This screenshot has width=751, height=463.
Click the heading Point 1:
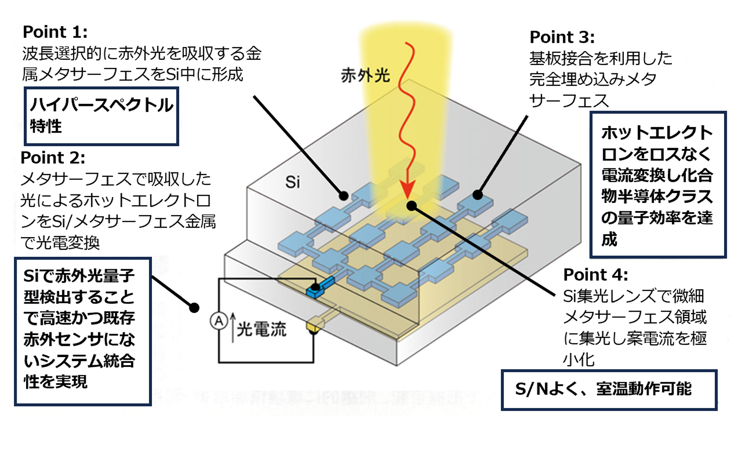[55, 32]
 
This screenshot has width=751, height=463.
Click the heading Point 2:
[53, 158]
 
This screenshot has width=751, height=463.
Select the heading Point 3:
[562, 37]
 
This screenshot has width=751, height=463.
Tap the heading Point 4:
[596, 275]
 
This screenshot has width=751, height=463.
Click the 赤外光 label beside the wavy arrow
[365, 75]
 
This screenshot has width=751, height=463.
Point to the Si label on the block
[292, 182]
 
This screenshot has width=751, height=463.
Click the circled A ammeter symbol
[219, 321]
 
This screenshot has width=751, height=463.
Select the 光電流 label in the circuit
[261, 330]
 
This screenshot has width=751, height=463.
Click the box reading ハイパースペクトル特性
[102, 116]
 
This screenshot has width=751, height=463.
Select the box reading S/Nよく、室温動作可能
[609, 389]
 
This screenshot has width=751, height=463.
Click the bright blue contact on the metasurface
[320, 287]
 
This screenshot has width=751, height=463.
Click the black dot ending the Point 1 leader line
[344, 196]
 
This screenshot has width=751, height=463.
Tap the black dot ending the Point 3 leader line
[477, 195]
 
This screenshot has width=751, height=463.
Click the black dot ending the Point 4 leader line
[411, 206]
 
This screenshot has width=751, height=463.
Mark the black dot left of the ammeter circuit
[194, 308]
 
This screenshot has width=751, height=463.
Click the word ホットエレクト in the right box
[657, 133]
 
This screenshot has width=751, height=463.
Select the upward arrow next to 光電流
[233, 328]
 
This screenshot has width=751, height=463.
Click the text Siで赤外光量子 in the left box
[79, 276]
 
